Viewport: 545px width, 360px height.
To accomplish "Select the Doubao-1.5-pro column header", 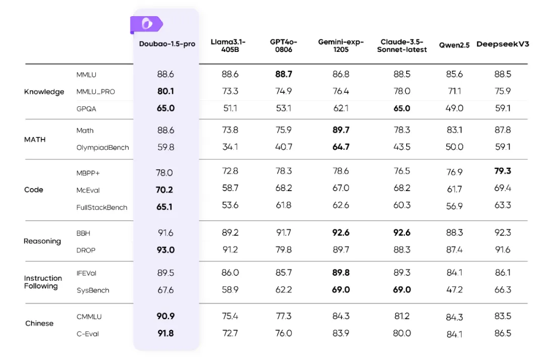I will (167, 44).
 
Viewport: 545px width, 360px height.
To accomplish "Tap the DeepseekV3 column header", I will (503, 44).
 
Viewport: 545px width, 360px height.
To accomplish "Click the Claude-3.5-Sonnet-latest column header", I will (402, 45).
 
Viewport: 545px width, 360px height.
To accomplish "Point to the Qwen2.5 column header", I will (454, 44).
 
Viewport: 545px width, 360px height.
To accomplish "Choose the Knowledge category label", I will (44, 92).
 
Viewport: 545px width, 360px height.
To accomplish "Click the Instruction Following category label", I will (43, 282).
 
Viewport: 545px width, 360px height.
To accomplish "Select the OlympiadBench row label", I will (102, 148).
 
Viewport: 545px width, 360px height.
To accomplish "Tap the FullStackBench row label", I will (102, 207).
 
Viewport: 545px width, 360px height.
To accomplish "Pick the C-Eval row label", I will (88, 334).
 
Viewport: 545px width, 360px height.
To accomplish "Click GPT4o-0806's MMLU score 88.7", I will (284, 74).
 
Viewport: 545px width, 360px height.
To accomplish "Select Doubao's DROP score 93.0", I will (166, 250).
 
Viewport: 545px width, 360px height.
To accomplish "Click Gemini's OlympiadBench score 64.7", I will (341, 147).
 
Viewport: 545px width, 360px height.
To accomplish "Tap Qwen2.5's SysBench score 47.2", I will (454, 290).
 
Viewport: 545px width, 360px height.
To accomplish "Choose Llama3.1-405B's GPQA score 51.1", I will (230, 108).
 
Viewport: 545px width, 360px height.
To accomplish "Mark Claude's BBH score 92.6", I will (402, 233).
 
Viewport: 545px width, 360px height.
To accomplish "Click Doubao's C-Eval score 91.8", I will (166, 333).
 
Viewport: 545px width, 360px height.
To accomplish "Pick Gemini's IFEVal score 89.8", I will (341, 273).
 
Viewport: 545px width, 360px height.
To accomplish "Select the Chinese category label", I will (39, 323).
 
